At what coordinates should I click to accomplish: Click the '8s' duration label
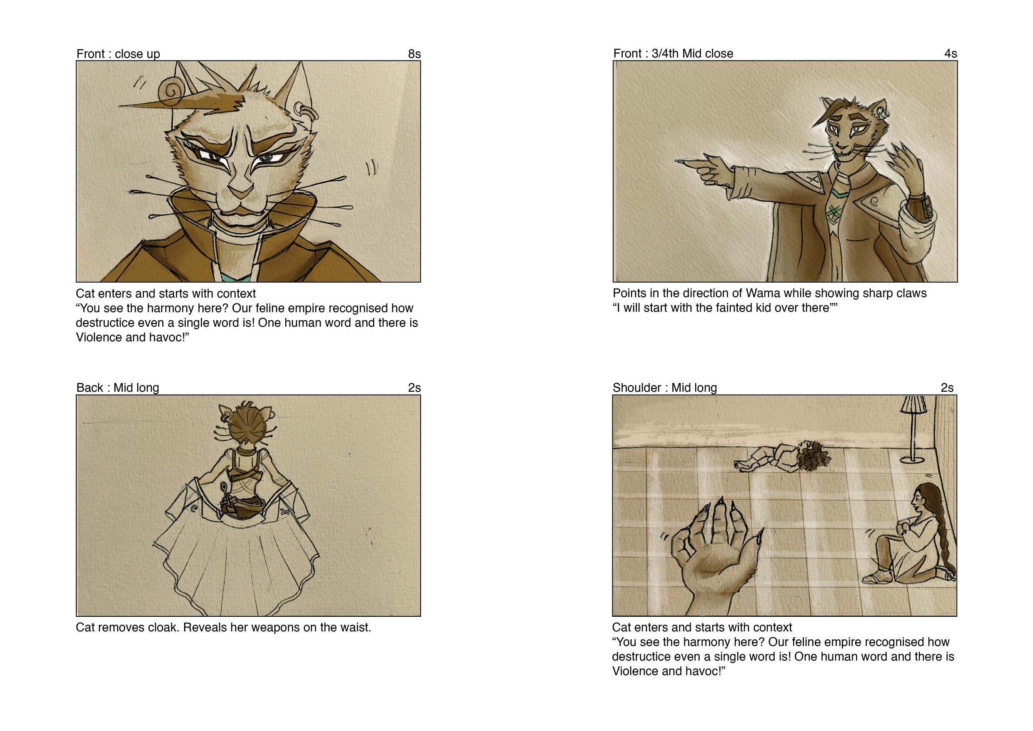coord(414,54)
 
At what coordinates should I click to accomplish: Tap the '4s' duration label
coord(950,54)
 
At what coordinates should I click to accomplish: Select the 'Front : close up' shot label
coord(118,54)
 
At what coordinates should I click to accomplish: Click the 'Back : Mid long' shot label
coord(118,388)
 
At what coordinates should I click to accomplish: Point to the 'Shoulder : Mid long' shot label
coord(664,388)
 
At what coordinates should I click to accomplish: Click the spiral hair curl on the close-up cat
coord(172,90)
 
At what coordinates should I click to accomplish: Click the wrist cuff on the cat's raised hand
coord(920,208)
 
